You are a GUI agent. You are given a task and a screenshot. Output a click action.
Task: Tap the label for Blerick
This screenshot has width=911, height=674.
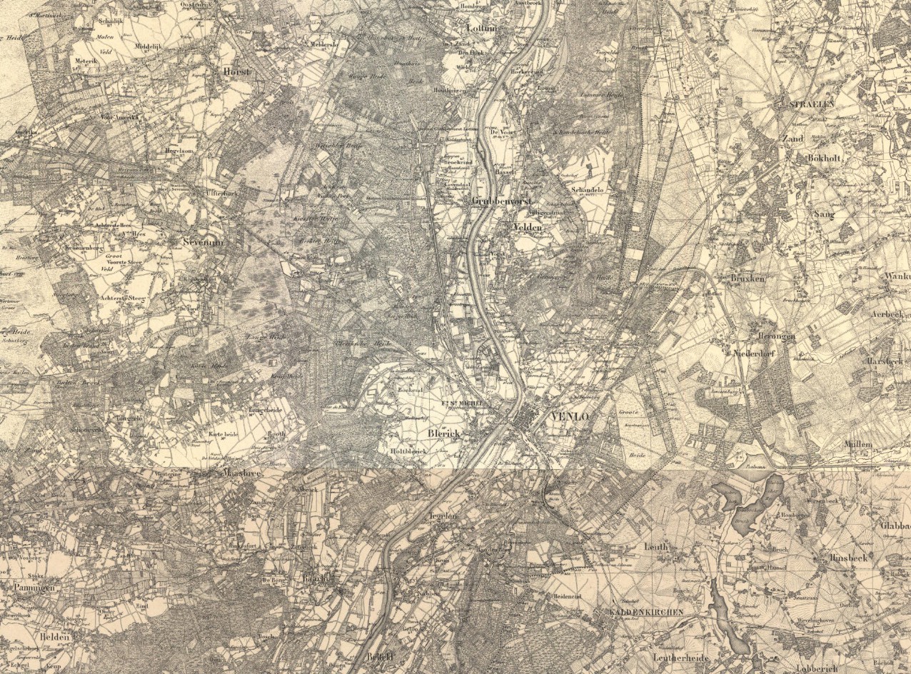coord(446,433)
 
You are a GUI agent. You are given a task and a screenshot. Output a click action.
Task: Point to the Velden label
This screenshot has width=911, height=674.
coord(528,226)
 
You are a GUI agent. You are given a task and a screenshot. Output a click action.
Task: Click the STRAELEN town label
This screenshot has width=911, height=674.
coord(812,104)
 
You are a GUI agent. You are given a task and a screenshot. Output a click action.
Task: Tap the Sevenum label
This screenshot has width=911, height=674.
coord(203,242)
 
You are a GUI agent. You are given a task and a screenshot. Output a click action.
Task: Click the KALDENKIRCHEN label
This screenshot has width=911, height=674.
coord(646,613)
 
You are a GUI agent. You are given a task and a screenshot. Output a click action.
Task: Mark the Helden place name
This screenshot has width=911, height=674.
coord(55,637)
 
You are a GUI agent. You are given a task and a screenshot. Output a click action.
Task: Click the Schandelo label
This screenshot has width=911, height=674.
coord(588,190)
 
